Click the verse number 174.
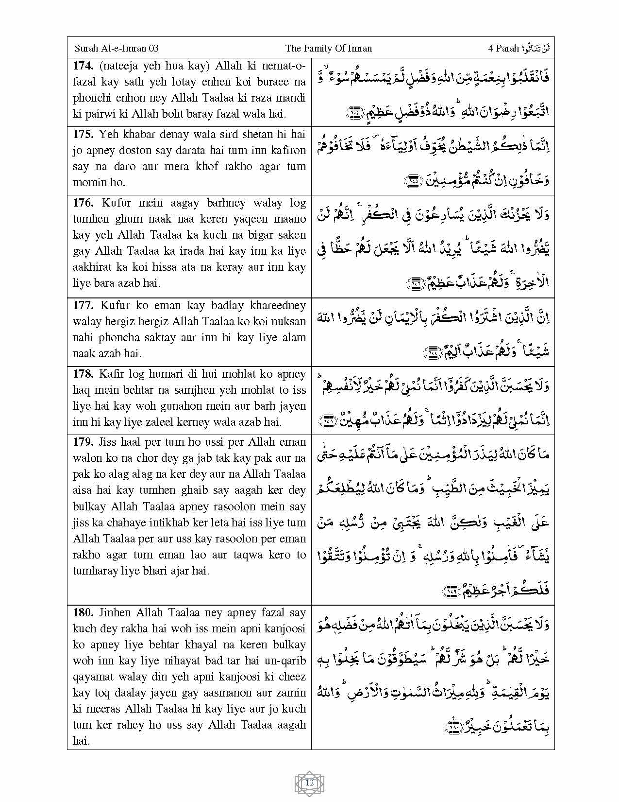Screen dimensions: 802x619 coord(83,66)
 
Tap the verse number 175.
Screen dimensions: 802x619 coord(83,134)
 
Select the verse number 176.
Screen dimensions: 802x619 coord(83,203)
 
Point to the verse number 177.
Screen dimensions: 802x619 coord(83,305)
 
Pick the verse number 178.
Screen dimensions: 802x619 coord(83,374)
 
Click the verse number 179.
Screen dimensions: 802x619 coord(83,442)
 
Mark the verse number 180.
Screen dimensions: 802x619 coord(83,612)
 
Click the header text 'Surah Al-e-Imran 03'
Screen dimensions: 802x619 coord(117,48)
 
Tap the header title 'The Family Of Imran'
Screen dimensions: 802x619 coord(329,48)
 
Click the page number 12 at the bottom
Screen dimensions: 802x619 coord(309,783)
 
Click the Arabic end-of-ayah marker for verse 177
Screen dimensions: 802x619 coord(430,352)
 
